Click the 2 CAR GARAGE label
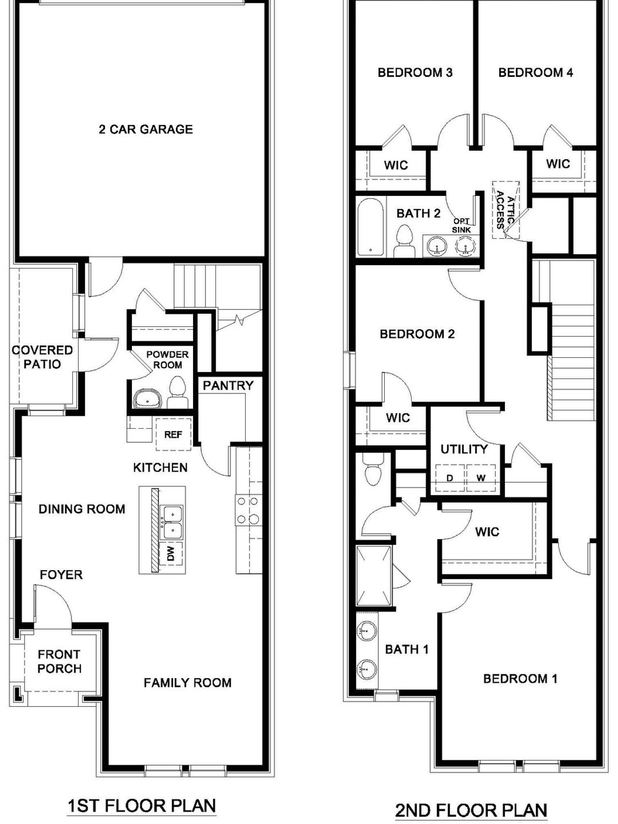tap(146, 129)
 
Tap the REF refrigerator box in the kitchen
tap(173, 434)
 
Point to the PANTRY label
tap(228, 386)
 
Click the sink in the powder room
tap(148, 399)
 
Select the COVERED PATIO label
tap(42, 357)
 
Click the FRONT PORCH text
tap(59, 662)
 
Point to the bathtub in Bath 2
tap(371, 226)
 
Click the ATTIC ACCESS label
tap(506, 210)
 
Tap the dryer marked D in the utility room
tap(449, 478)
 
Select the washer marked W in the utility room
tap(481, 478)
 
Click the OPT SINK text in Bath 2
tap(462, 225)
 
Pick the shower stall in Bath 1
tap(374, 575)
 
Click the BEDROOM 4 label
tap(535, 73)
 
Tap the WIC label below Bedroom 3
tap(396, 166)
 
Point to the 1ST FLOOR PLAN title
tap(141, 806)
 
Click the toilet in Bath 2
tap(404, 241)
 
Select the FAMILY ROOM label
tap(187, 683)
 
